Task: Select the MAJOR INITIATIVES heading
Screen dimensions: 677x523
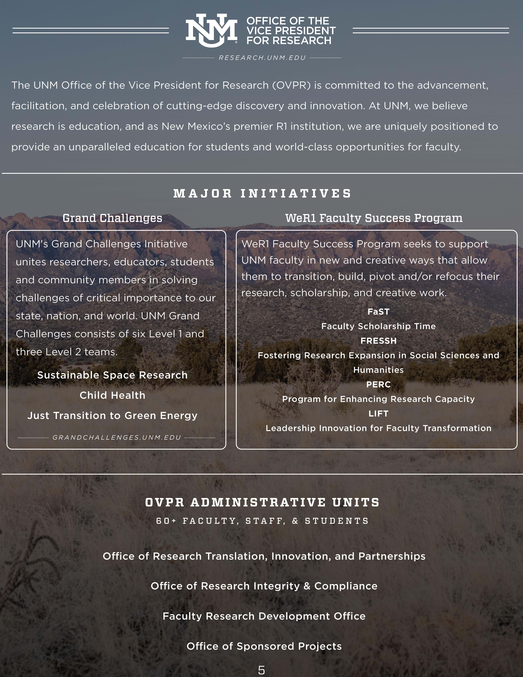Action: click(x=262, y=193)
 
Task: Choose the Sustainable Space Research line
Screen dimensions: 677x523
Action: click(x=112, y=375)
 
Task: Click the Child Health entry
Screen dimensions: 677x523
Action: click(x=112, y=395)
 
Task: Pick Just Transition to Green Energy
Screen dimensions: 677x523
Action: click(x=112, y=415)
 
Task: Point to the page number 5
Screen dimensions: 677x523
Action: click(x=261, y=670)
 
